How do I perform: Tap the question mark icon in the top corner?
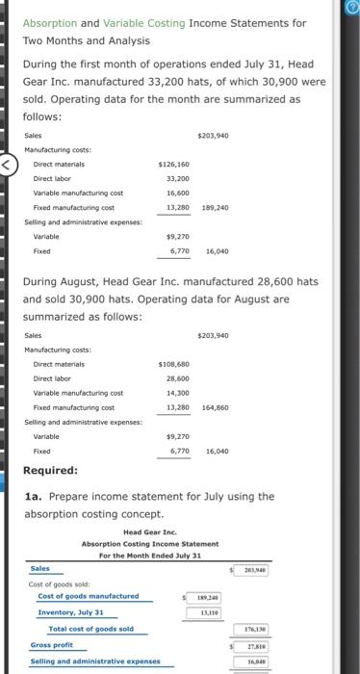tap(351, 9)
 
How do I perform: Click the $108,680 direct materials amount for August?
tap(172, 365)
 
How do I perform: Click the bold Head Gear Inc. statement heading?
tap(150, 531)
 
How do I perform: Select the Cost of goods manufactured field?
tap(88, 596)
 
